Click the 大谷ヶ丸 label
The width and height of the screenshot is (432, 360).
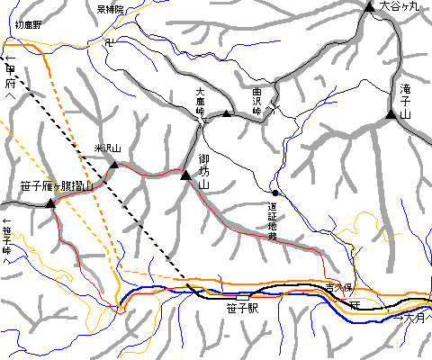pos(400,6)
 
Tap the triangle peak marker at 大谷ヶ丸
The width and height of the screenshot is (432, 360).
pos(370,7)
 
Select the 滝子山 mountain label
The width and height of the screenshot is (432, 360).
pos(404,103)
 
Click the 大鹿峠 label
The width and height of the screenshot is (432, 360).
pos(202,102)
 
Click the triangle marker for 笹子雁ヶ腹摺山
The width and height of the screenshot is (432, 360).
pos(50,204)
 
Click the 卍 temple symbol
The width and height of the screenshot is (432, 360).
pos(108,41)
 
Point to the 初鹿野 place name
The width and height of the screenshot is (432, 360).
pos(29,26)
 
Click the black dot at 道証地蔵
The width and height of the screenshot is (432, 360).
pos(274,193)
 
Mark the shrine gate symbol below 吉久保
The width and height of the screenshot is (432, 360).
pos(355,306)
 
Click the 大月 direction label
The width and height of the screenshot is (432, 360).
pos(415,317)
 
